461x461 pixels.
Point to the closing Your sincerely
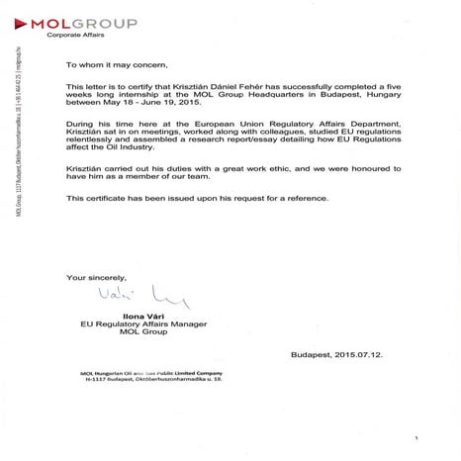(x=97, y=278)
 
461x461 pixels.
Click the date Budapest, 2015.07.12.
(x=337, y=354)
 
